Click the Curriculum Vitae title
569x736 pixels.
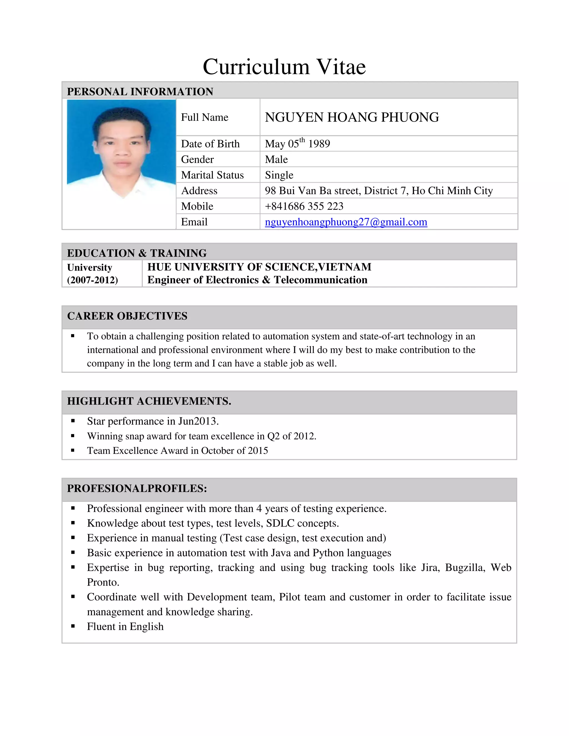click(x=284, y=67)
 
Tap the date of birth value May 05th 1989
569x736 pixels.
click(x=297, y=144)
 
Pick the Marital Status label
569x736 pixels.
click(x=212, y=175)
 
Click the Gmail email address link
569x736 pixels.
click(x=346, y=222)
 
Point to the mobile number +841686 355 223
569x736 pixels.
click(x=304, y=206)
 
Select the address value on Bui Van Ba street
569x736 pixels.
click(x=379, y=191)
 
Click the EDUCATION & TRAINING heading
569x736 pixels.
click(x=137, y=253)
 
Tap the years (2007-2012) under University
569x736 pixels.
click(x=92, y=280)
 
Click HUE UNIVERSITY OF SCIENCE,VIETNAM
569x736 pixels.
click(x=259, y=267)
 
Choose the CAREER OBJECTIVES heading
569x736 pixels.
click(x=127, y=316)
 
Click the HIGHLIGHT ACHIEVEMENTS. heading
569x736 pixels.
click(x=149, y=401)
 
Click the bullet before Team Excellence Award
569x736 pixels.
click(x=73, y=450)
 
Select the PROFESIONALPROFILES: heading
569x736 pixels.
click(x=137, y=488)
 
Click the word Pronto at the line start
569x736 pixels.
click(x=103, y=582)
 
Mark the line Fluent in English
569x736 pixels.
click(x=125, y=627)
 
